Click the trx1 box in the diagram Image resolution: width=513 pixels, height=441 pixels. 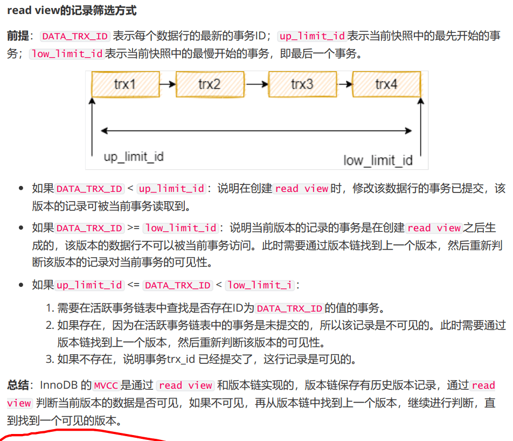pos(126,84)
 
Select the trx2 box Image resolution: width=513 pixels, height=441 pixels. pos(210,84)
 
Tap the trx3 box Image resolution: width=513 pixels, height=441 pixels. pos(302,84)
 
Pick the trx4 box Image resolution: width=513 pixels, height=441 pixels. pos(386,84)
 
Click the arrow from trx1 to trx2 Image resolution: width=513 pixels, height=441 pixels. pos(168,84)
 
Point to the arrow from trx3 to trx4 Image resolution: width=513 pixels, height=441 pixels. pos(344,84)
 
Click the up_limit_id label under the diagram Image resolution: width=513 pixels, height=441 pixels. pos(134,157)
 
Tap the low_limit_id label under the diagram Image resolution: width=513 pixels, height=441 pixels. pos(378,161)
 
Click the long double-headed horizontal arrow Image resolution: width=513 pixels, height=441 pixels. pos(256,131)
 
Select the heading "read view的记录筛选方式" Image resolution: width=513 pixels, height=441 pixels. pos(72,10)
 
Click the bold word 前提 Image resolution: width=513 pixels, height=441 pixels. pos(18,36)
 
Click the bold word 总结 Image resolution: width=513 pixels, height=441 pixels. pos(18,385)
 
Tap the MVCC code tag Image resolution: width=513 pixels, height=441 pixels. pos(106,385)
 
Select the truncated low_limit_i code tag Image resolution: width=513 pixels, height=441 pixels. pos(260,285)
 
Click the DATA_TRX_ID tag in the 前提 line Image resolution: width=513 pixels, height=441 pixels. pos(75,36)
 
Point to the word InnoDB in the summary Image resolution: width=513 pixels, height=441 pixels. pos(59,385)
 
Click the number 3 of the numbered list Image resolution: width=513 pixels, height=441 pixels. pos(49,359)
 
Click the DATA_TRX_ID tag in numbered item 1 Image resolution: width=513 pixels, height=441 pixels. pos(290,308)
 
